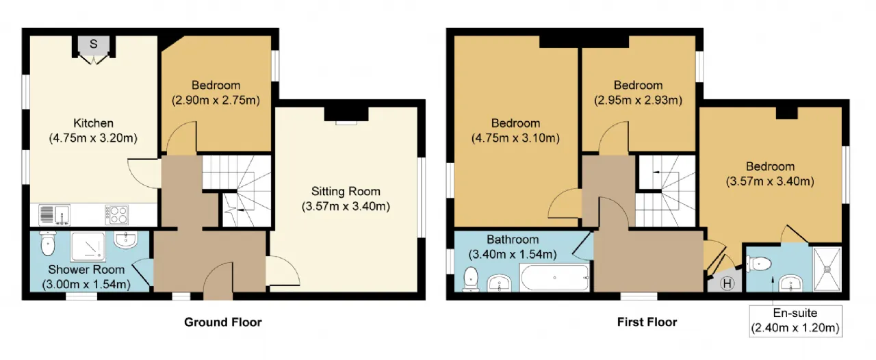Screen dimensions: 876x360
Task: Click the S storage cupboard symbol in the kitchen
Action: [94, 44]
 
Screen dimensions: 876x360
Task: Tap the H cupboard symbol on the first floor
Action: [727, 283]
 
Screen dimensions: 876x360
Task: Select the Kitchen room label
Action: [94, 123]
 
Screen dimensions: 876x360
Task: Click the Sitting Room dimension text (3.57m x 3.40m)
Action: [346, 206]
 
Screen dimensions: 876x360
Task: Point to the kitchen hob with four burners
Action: [116, 215]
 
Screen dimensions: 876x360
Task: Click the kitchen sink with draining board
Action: [54, 215]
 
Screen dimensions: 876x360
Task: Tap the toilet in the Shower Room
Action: [48, 244]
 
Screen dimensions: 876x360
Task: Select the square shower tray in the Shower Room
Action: [88, 246]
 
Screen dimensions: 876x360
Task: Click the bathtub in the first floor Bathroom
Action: [554, 277]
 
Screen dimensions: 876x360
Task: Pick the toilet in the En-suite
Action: [759, 263]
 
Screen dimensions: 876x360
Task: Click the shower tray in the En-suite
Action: [827, 269]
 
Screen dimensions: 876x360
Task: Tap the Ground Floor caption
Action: [223, 322]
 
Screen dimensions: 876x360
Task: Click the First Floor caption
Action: [647, 322]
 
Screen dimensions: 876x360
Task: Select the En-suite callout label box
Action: [795, 321]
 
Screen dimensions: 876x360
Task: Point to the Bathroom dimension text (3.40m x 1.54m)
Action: [513, 255]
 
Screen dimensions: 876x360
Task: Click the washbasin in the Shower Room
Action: [125, 240]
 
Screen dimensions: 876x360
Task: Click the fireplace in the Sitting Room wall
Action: [346, 116]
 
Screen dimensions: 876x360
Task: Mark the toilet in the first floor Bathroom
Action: [471, 279]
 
